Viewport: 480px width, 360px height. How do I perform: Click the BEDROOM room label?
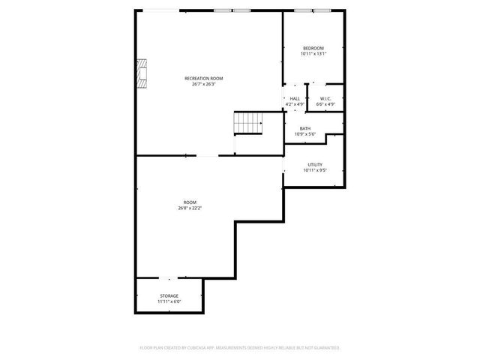(x=313, y=48)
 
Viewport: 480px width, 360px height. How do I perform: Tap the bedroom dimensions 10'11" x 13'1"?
(x=313, y=54)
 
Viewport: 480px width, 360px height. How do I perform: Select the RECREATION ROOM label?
(x=204, y=78)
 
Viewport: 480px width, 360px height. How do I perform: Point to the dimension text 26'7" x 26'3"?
(x=204, y=84)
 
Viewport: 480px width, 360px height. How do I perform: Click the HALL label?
(x=295, y=98)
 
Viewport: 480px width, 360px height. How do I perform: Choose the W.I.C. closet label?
(x=325, y=98)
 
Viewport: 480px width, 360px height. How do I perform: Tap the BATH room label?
(x=305, y=128)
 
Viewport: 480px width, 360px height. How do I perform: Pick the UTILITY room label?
(x=315, y=164)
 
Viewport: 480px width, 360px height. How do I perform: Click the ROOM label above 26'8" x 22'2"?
(x=190, y=202)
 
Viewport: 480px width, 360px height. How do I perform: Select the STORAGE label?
(x=169, y=295)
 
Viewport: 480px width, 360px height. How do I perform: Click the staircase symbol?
(x=250, y=123)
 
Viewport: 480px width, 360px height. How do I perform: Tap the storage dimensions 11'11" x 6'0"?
(x=169, y=301)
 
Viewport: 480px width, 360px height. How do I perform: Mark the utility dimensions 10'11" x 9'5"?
(x=315, y=170)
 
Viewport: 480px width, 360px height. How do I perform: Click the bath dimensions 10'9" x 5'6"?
(x=305, y=134)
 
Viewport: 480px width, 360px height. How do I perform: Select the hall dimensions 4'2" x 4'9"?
(x=295, y=104)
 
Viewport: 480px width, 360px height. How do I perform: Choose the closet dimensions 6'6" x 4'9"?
(x=325, y=104)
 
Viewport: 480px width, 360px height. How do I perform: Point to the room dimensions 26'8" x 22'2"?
(x=190, y=208)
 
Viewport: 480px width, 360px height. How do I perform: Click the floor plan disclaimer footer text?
(x=240, y=348)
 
